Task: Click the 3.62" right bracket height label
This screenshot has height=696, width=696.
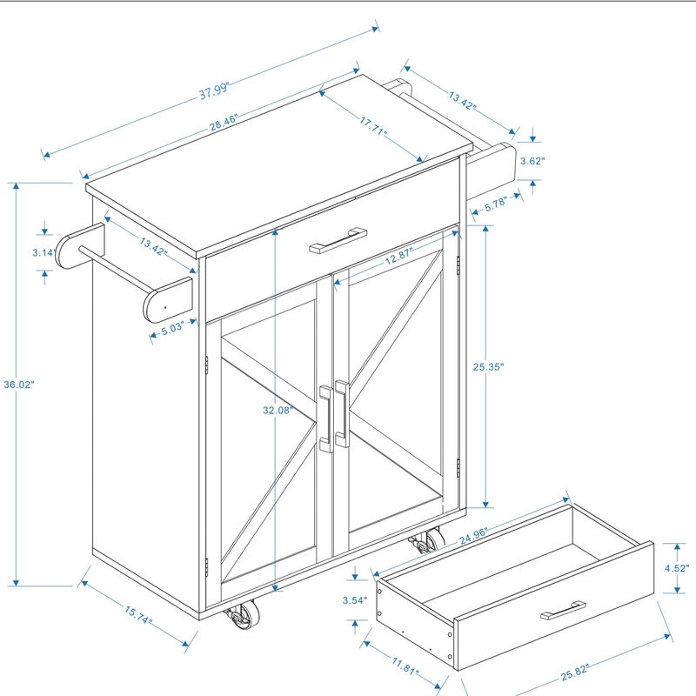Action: [532, 160]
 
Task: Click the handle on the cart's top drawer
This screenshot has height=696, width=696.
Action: [338, 240]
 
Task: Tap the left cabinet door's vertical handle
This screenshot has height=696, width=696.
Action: [325, 419]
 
